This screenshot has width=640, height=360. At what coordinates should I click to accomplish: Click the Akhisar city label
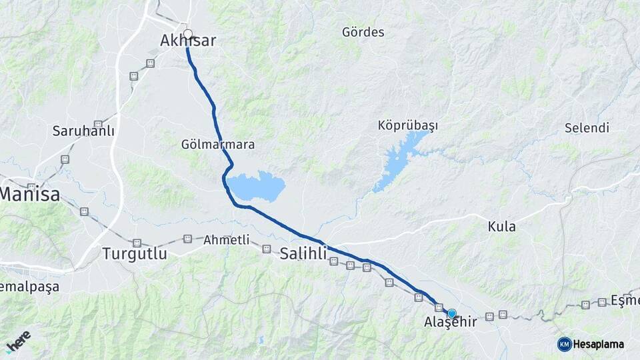[x=188, y=41]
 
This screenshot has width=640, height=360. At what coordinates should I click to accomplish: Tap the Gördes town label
[x=363, y=32]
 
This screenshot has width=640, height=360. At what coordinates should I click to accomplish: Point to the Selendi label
[x=587, y=127]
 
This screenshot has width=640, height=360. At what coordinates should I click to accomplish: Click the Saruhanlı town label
[x=83, y=131]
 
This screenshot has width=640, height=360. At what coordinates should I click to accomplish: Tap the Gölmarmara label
[x=218, y=144]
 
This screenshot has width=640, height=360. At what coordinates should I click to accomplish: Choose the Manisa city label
[x=30, y=195]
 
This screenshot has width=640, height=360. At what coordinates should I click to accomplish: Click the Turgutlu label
[x=135, y=253]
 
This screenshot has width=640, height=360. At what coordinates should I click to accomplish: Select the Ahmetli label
[x=226, y=239]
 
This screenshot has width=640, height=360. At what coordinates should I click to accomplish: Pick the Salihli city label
[x=303, y=253]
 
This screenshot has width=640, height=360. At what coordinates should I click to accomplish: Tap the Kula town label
[x=502, y=227]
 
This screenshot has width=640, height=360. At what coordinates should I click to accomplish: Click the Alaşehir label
[x=451, y=323]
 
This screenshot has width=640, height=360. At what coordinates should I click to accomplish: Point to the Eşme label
[x=626, y=301]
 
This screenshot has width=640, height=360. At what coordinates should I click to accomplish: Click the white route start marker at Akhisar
[x=188, y=34]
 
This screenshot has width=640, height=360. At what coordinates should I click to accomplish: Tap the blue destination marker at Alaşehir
[x=452, y=313]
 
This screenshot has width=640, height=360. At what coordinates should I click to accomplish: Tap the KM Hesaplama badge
[x=591, y=344]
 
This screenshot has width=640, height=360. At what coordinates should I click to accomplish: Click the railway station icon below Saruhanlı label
[x=65, y=159]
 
